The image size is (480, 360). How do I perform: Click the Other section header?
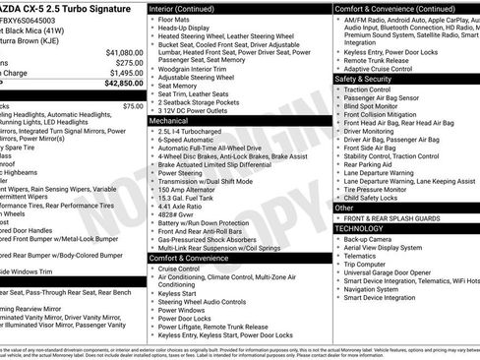pyautogui.click(x=345, y=208)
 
